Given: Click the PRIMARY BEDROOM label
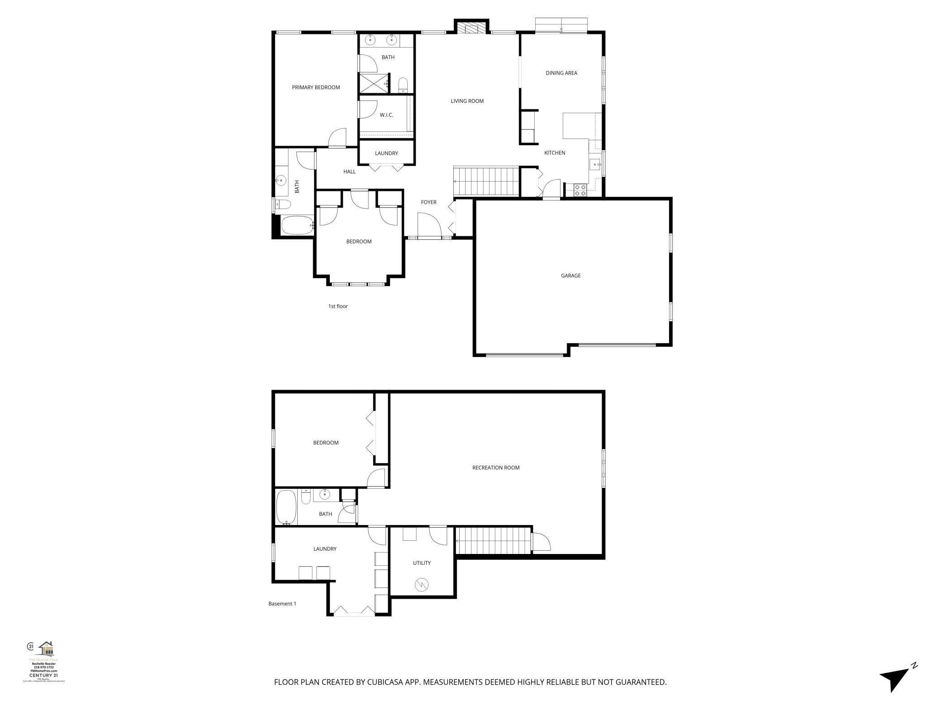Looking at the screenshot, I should pyautogui.click(x=316, y=87).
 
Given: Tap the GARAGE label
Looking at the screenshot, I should pyautogui.click(x=570, y=275).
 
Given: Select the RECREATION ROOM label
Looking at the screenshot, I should pyautogui.click(x=496, y=467).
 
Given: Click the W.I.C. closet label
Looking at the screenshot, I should pyautogui.click(x=386, y=115).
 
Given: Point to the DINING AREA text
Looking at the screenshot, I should pyautogui.click(x=561, y=73).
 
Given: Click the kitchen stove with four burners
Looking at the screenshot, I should pyautogui.click(x=580, y=191).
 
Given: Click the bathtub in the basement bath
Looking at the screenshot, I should pyautogui.click(x=286, y=507).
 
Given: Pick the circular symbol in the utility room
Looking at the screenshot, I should pyautogui.click(x=421, y=585).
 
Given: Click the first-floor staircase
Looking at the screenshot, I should pyautogui.click(x=486, y=181).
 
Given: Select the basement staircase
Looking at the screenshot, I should pyautogui.click(x=494, y=540).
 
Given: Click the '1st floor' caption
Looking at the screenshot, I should pyautogui.click(x=338, y=306).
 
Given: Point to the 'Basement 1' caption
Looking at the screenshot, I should pyautogui.click(x=282, y=604).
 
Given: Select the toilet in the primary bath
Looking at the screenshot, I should pyautogui.click(x=403, y=85).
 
